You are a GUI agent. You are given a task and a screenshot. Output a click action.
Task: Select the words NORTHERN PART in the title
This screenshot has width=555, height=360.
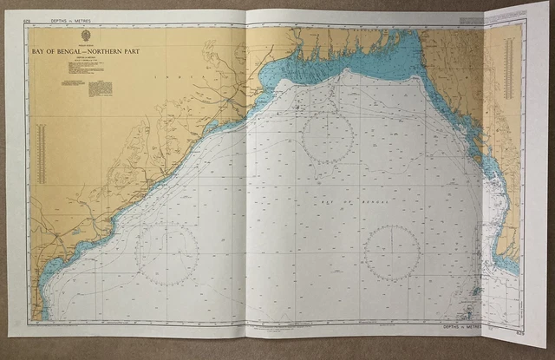pos(118,51)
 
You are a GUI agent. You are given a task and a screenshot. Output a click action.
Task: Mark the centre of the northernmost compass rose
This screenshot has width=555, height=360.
pos(327,137)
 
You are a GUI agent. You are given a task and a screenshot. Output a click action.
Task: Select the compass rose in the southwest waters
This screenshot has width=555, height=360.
pos(167,255)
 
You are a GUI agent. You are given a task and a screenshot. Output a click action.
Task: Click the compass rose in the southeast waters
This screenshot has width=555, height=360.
pos(392,252)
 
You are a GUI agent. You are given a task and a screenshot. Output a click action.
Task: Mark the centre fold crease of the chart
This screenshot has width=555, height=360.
pos(248,173)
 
